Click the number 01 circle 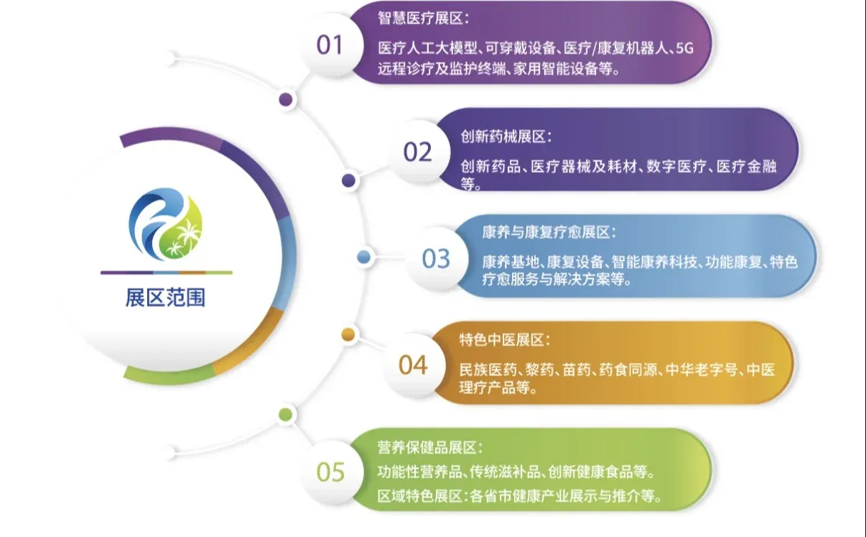point(330,45)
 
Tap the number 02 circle point(417,152)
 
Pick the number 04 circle point(413,365)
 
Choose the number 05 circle point(330,472)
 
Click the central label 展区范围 point(166,298)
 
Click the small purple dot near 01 point(286,99)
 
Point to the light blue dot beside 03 point(364,257)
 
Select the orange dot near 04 point(348,334)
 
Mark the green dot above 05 point(286,414)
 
